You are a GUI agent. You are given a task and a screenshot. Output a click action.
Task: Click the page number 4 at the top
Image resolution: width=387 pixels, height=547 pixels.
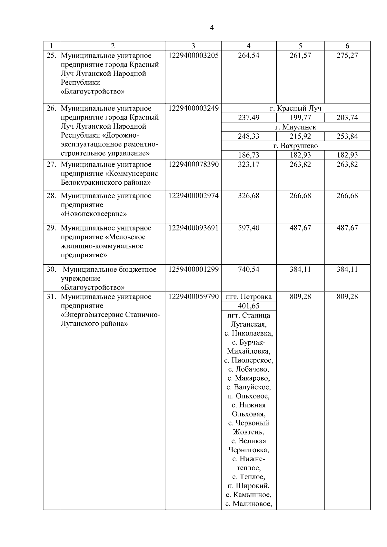[x=212, y=28]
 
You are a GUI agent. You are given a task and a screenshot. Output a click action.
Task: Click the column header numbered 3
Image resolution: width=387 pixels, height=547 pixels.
[x=193, y=46]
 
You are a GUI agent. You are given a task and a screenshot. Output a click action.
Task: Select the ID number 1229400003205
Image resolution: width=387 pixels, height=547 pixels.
[x=193, y=55]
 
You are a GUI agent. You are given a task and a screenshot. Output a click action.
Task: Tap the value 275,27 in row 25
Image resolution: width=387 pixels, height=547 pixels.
[x=347, y=55]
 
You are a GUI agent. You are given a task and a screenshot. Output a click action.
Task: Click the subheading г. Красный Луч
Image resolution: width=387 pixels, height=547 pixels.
[x=295, y=108]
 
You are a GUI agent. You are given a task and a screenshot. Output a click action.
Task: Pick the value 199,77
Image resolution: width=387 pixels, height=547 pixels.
[x=300, y=118]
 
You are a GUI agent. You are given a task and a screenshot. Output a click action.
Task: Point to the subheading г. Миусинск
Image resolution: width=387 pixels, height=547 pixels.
[x=295, y=127]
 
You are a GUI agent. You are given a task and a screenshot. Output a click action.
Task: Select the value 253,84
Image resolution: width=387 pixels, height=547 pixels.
[x=347, y=136]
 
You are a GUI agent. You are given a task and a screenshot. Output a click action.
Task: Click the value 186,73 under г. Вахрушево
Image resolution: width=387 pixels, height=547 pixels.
[x=248, y=155]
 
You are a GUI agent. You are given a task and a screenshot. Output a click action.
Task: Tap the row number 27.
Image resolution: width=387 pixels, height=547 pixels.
[x=51, y=164]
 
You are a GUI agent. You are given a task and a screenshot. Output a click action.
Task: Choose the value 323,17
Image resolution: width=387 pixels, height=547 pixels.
[x=248, y=164]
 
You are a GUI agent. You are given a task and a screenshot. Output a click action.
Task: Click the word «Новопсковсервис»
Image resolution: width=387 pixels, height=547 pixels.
[x=94, y=214]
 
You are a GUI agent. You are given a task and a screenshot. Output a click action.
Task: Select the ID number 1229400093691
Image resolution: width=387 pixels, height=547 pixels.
[x=193, y=228]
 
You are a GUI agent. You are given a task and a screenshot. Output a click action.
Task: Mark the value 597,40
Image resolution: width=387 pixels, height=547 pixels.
[x=248, y=228]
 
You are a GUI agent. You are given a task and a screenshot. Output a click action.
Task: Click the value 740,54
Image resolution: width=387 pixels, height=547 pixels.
[x=248, y=269]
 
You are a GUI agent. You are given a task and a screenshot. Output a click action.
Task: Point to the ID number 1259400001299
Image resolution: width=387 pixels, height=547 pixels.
[x=193, y=269]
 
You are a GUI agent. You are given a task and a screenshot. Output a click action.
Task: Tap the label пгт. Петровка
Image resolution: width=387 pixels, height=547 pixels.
[x=249, y=297]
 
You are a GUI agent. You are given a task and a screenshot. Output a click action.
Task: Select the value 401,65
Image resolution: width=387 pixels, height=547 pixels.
[x=248, y=306]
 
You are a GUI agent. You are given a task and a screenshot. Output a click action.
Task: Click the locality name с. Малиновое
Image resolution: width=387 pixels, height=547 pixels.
[x=249, y=504]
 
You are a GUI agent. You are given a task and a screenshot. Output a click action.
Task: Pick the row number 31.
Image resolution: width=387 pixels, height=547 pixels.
[x=51, y=297]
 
